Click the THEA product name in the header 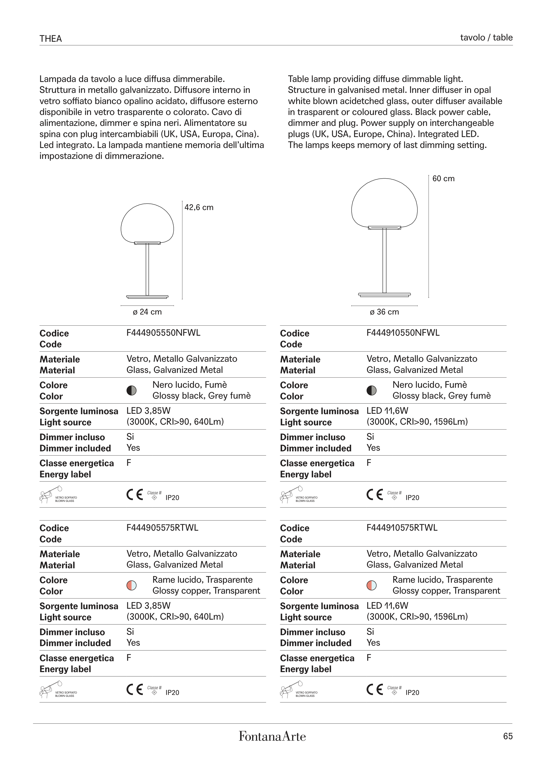pos(51,39)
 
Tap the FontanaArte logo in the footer pos(272,736)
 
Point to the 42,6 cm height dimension pos(199,207)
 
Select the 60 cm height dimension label pos(443,179)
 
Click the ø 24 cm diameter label pos(147,312)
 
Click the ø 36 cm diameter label pos(384,312)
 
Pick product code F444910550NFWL pos(403,333)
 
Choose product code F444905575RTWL pos(162,528)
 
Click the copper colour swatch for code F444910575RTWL pos(372,585)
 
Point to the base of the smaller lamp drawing pos(147,297)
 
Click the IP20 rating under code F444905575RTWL pos(172,693)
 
